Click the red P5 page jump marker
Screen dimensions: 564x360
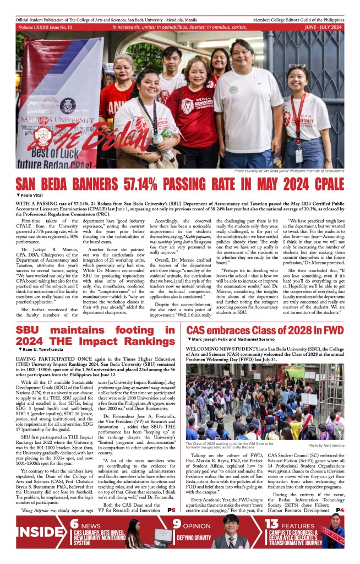click(171, 510)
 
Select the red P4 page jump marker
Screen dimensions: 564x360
click(340, 510)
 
